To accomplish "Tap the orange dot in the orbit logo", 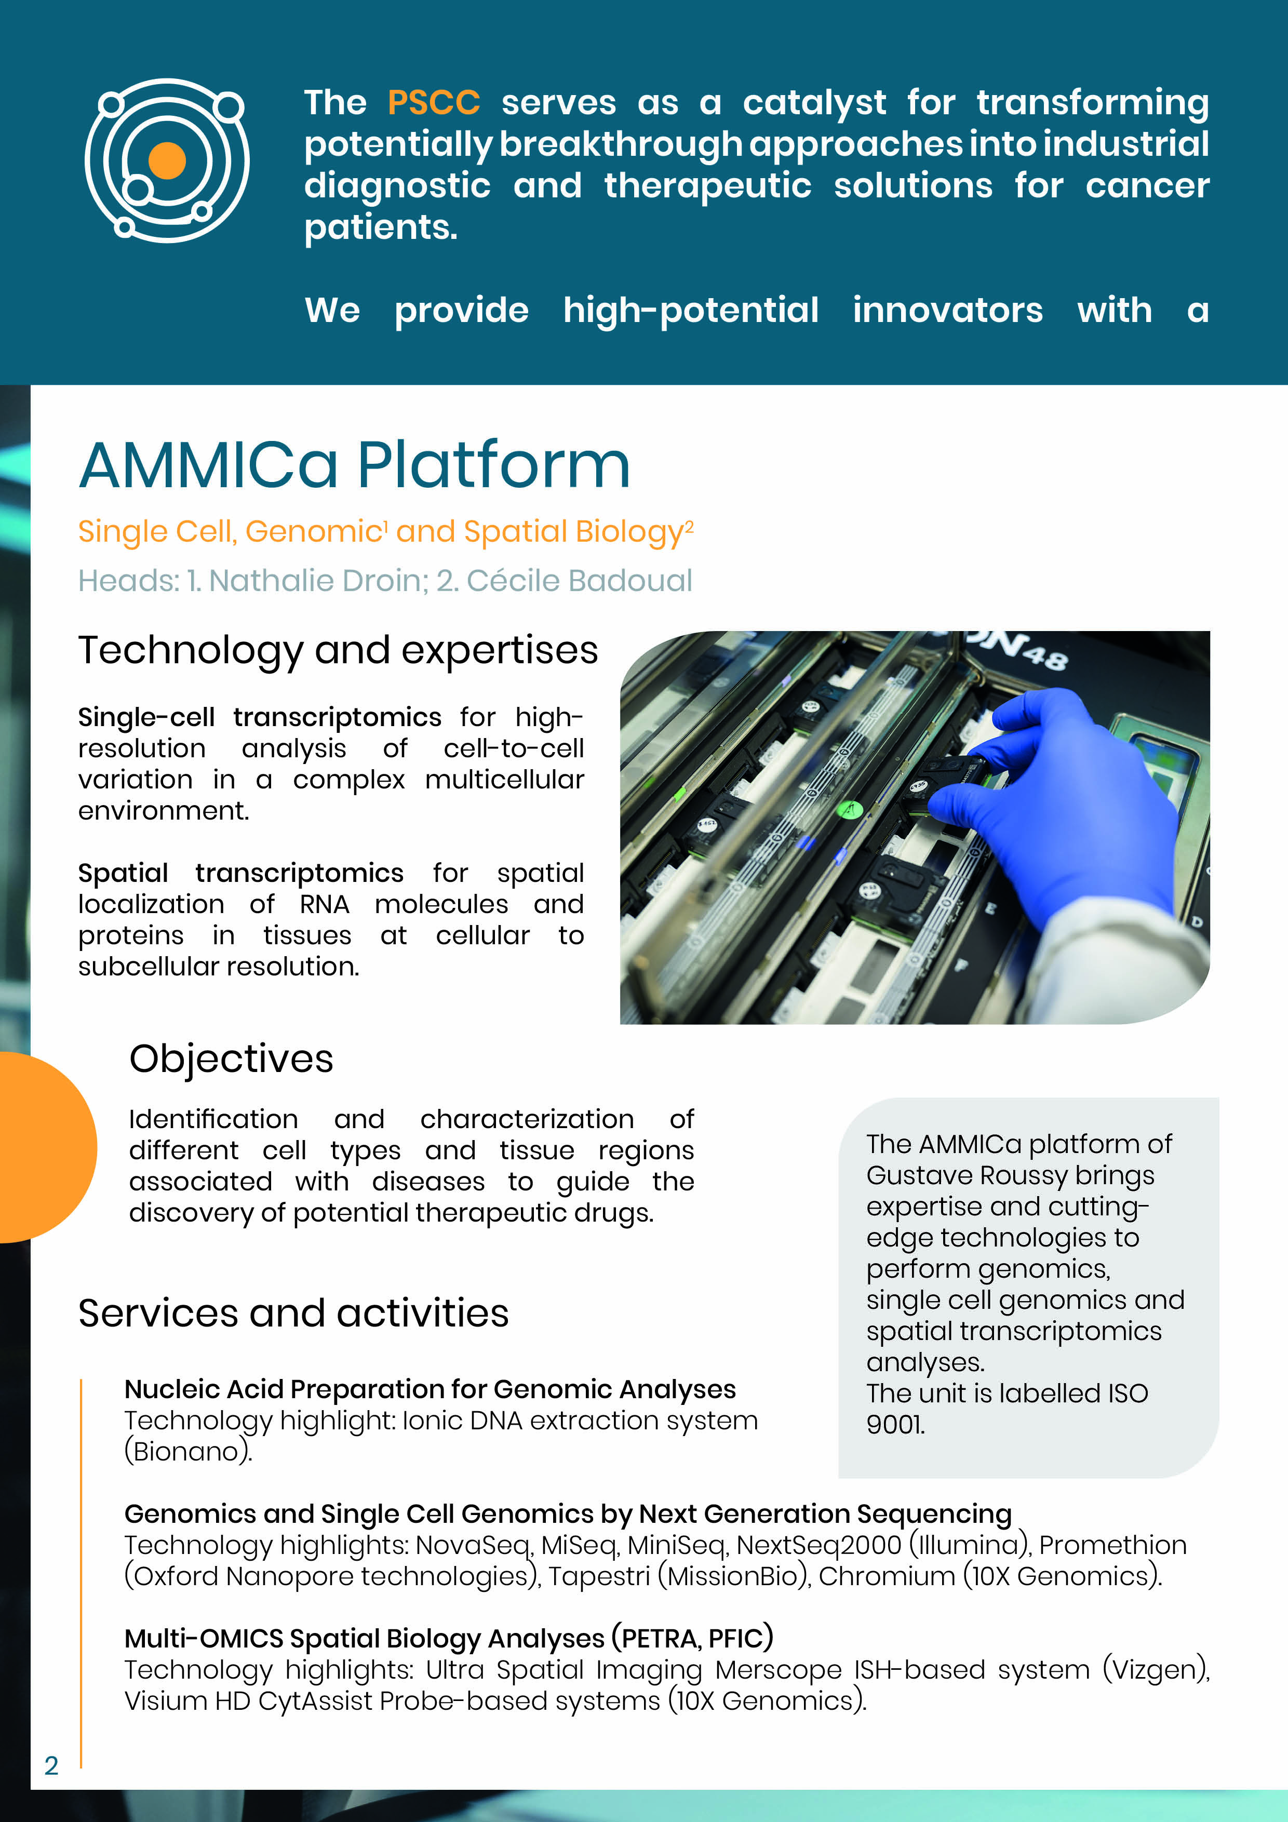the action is [x=167, y=161].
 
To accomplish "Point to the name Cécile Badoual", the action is [x=579, y=581].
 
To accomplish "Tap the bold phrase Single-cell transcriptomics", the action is [x=260, y=717].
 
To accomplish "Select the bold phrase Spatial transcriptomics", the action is [x=240, y=873].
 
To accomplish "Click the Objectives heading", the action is [x=231, y=1060].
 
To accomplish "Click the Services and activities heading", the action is [x=293, y=1314].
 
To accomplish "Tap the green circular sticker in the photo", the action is [x=850, y=810].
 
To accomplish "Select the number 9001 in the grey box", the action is [x=895, y=1425].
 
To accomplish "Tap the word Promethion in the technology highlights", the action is [x=1112, y=1545].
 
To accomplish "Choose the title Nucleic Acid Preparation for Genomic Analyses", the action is [x=430, y=1389].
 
